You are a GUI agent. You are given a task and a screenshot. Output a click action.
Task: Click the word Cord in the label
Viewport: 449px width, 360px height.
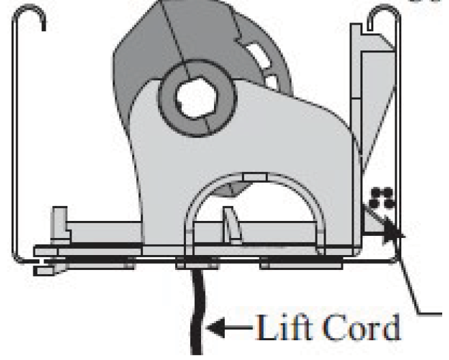coord(362,328)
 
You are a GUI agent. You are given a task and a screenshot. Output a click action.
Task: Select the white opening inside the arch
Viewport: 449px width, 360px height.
coord(273,211)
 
